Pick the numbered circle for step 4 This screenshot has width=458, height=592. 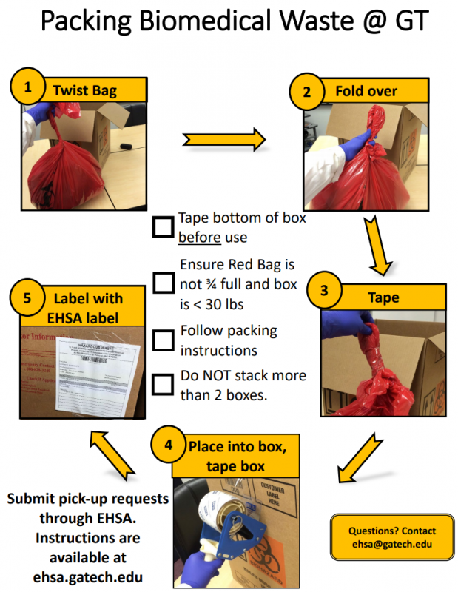(169, 445)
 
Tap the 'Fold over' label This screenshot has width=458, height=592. (366, 92)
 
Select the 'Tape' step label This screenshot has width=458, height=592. (383, 298)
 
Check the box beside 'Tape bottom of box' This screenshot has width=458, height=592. (163, 227)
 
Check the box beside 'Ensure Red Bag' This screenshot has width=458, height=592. (163, 283)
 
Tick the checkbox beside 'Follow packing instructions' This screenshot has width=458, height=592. (163, 340)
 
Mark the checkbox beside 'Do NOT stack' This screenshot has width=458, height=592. (163, 384)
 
